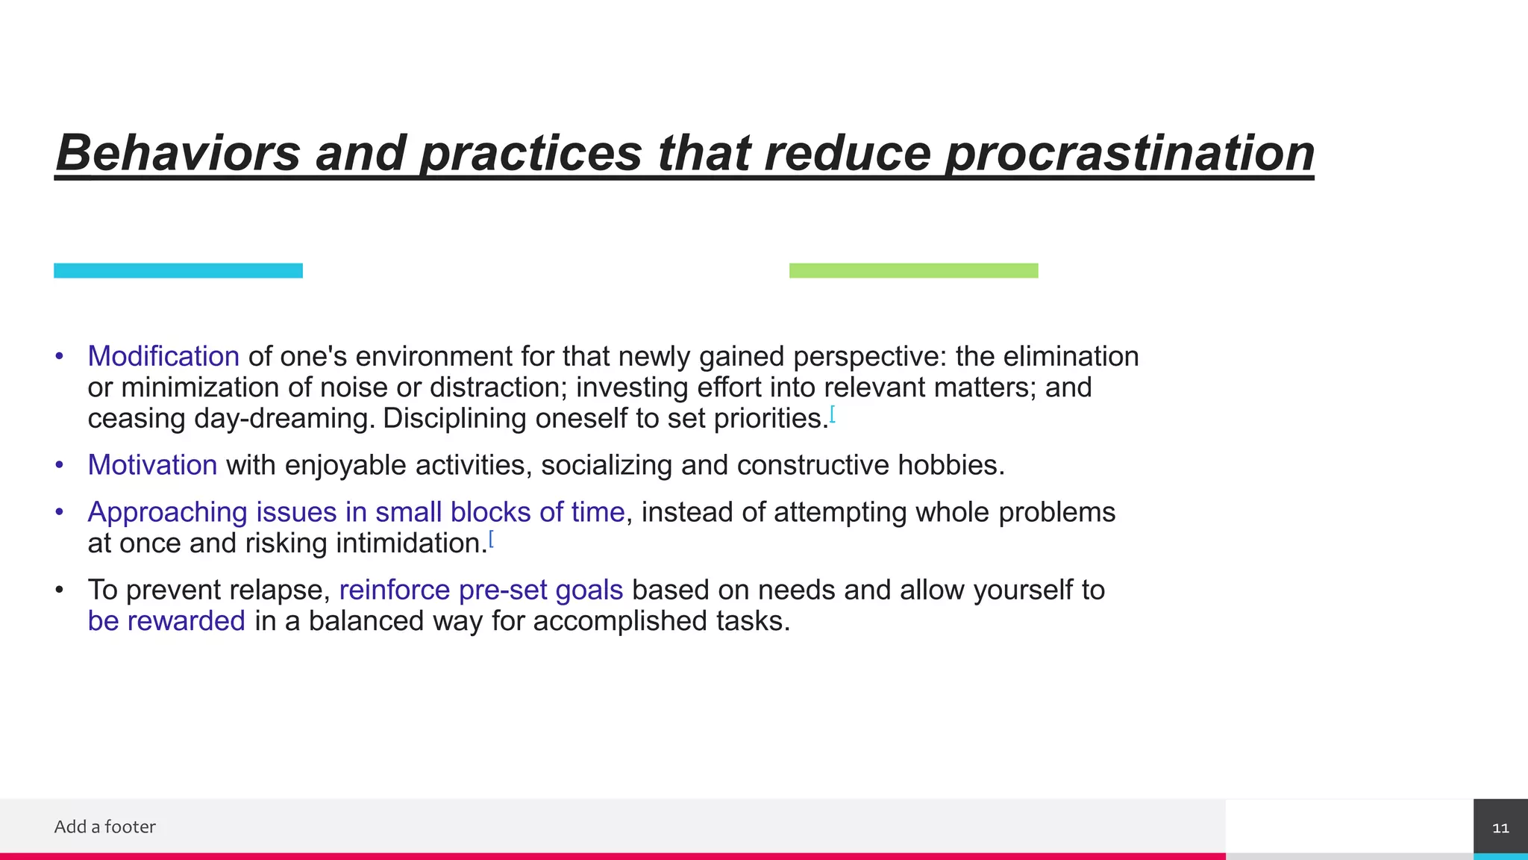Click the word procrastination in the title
click(x=1129, y=154)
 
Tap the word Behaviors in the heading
click(x=178, y=152)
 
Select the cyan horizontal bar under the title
click(x=178, y=271)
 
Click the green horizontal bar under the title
click(x=913, y=271)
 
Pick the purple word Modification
click(x=163, y=356)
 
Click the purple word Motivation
click(x=152, y=465)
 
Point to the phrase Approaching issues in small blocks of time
click(x=356, y=512)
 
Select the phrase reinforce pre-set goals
click(x=480, y=590)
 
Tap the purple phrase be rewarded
click(x=166, y=621)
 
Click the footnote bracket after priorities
click(x=833, y=414)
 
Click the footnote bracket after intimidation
click(x=491, y=538)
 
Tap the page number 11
click(x=1500, y=828)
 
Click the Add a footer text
click(x=104, y=826)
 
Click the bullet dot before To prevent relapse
click(x=60, y=590)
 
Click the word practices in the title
click(x=530, y=154)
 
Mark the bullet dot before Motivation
click(x=60, y=465)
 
